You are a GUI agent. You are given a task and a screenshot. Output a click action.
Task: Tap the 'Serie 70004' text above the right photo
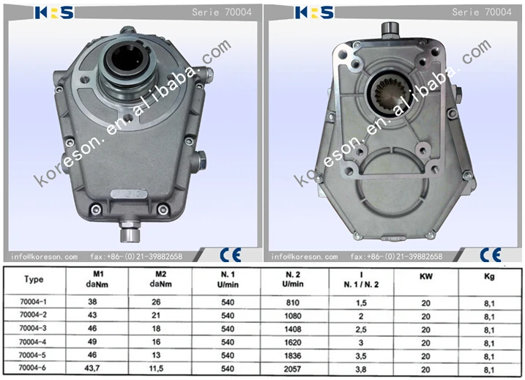(476, 12)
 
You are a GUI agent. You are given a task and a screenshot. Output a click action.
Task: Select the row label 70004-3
(34, 329)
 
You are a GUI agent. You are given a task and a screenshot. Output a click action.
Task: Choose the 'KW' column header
(425, 279)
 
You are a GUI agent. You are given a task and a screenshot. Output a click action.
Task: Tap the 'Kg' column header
(489, 279)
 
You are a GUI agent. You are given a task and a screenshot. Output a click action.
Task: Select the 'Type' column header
(34, 279)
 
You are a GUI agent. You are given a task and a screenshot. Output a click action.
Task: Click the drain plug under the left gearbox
(130, 235)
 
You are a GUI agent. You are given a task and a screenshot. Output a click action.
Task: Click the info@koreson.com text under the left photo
(44, 257)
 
